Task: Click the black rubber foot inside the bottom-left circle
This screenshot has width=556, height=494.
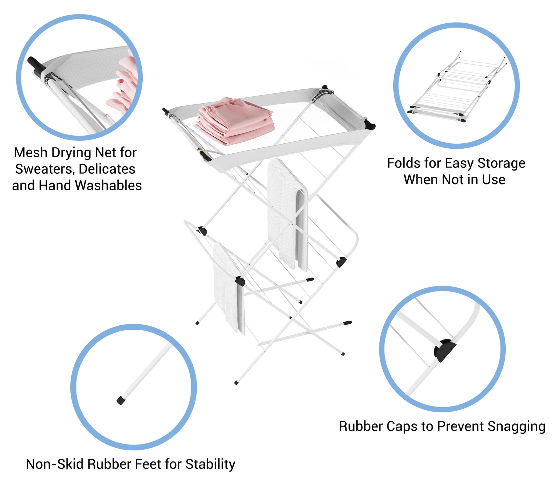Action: [x=121, y=400]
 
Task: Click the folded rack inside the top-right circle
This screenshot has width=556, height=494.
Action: [x=456, y=89]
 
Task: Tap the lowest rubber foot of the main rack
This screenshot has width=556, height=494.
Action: [x=236, y=383]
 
